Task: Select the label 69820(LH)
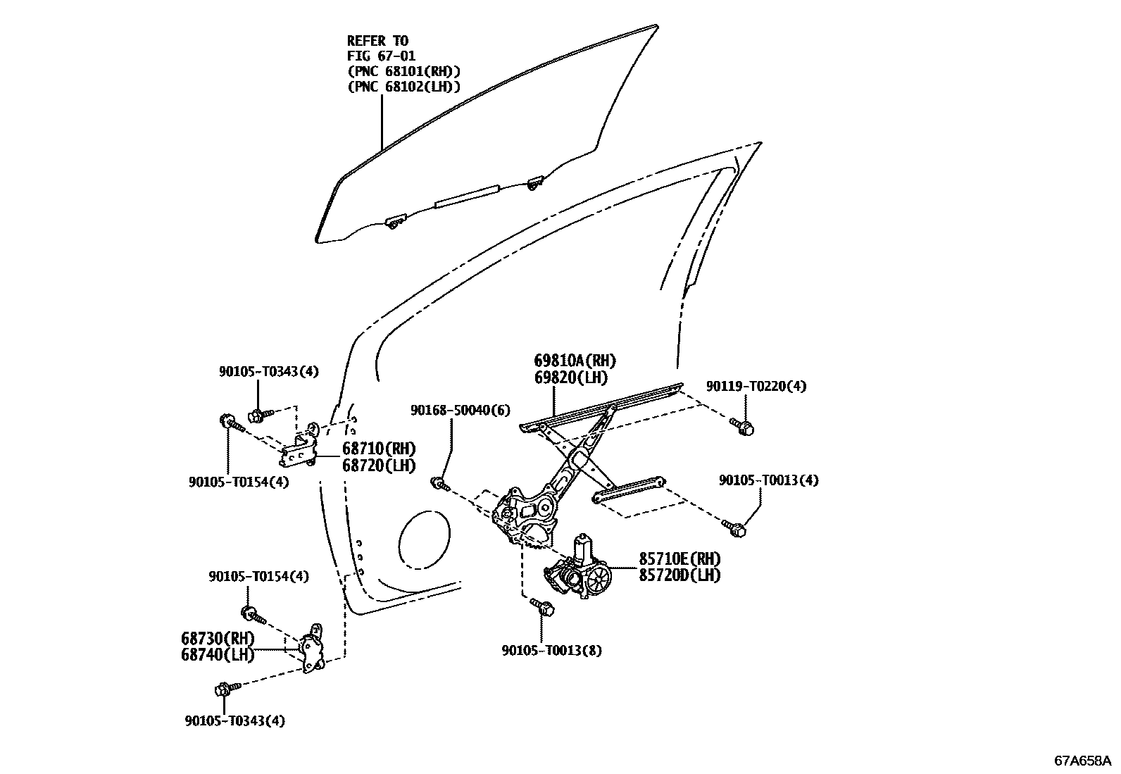pyautogui.click(x=571, y=377)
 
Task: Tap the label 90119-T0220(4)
pyautogui.click(x=756, y=386)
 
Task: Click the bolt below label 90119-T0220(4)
pyautogui.click(x=744, y=426)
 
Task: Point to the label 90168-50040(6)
pyautogui.click(x=461, y=410)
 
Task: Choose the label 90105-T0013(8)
pyautogui.click(x=552, y=651)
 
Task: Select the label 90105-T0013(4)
pyautogui.click(x=769, y=480)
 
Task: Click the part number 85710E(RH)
pyautogui.click(x=680, y=558)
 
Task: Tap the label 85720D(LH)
pyautogui.click(x=680, y=575)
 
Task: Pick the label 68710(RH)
pyautogui.click(x=379, y=449)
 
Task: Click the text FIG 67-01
pyautogui.click(x=381, y=56)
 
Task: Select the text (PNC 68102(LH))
pyautogui.click(x=403, y=87)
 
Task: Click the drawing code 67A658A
pyautogui.click(x=1082, y=761)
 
